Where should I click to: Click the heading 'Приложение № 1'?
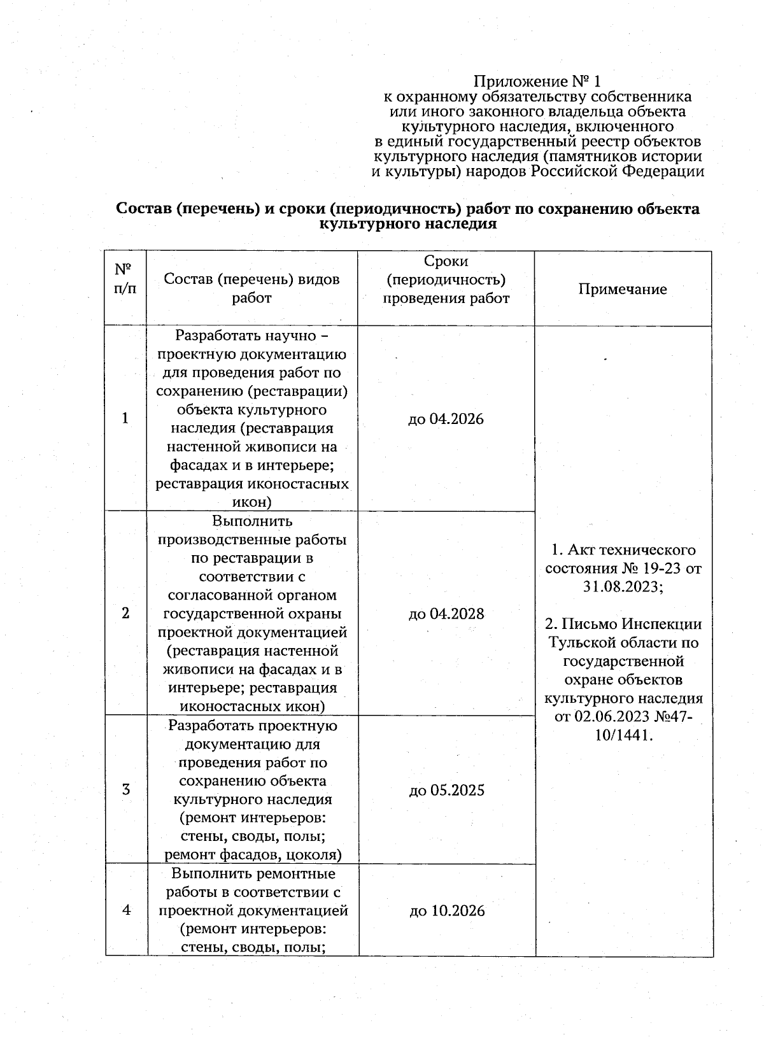pos(537,81)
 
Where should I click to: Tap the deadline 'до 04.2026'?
pos(446,419)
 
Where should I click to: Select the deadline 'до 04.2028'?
pos(446,614)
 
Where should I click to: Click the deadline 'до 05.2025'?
pos(446,790)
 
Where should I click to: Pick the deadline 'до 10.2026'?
pos(447,910)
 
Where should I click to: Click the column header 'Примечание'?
pos(623,289)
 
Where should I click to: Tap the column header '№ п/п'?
pos(125,279)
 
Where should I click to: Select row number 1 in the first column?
pos(125,418)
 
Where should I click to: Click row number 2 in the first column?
pos(125,613)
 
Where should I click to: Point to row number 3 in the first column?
pos(126,790)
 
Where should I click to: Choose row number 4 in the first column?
pos(127,910)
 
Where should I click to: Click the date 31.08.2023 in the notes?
pos(622,587)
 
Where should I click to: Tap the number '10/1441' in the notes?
pos(624,735)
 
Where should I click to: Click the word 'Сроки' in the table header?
pos(446,261)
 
